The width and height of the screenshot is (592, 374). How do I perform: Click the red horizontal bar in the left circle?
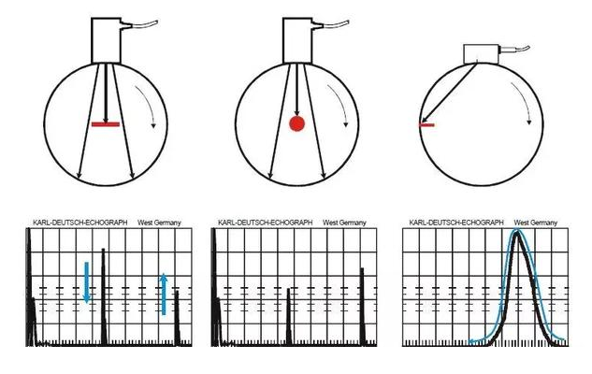[106, 124]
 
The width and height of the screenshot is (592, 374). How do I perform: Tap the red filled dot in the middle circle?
[296, 123]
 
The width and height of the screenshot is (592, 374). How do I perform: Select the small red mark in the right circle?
[427, 125]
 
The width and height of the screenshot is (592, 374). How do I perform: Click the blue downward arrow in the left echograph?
[86, 282]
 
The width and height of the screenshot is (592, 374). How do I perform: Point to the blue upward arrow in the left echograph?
[164, 294]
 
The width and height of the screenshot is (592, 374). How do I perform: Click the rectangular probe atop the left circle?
[106, 40]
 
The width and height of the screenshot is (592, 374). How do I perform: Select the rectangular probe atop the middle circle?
[297, 40]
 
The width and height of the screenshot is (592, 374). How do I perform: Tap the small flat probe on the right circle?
[482, 54]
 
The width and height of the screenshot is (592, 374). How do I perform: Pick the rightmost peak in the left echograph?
[177, 317]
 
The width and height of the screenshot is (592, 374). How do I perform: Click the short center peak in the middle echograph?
[289, 316]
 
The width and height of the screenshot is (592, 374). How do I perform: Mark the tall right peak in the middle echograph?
[363, 306]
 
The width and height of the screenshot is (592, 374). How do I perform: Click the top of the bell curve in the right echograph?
[517, 232]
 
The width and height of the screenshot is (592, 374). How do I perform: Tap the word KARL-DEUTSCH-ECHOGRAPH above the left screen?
[80, 223]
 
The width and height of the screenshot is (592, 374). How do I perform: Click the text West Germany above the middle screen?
[344, 223]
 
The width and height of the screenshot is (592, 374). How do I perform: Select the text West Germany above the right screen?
[535, 223]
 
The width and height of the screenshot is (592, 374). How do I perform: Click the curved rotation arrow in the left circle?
[148, 103]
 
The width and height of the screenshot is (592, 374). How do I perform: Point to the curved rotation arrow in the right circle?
[524, 100]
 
